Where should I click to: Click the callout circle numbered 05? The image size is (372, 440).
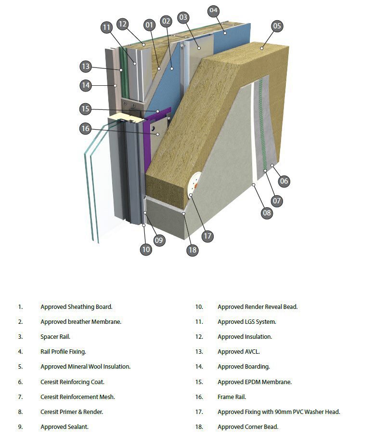pyautogui.click(x=277, y=26)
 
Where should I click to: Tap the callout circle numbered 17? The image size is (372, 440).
pyautogui.click(x=207, y=236)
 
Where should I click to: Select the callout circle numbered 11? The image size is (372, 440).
pyautogui.click(x=107, y=27)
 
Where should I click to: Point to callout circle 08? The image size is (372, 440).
pyautogui.click(x=267, y=213)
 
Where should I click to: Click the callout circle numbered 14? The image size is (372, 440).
pyautogui.click(x=86, y=85)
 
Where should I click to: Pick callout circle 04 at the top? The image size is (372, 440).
pyautogui.click(x=214, y=10)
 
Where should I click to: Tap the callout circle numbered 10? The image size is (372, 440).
pyautogui.click(x=146, y=249)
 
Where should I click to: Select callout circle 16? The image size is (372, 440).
pyautogui.click(x=86, y=128)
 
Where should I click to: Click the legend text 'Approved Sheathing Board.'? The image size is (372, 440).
pyautogui.click(x=77, y=307)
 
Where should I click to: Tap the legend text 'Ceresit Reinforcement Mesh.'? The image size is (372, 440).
pyautogui.click(x=77, y=397)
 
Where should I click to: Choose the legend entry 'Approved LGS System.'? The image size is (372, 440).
pyautogui.click(x=246, y=322)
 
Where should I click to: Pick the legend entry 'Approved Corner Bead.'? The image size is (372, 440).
pyautogui.click(x=248, y=427)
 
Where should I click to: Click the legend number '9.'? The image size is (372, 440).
pyautogui.click(x=20, y=427)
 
